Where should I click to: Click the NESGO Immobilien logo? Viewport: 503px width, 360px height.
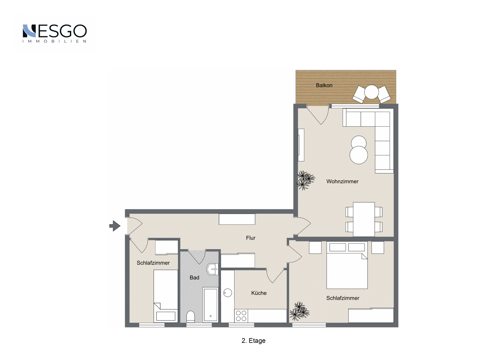(54, 34)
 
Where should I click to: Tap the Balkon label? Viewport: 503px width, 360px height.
(324, 85)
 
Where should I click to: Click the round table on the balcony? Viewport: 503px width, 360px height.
(371, 92)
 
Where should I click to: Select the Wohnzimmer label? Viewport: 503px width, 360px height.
(342, 181)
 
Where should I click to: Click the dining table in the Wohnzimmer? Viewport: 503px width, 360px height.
(364, 219)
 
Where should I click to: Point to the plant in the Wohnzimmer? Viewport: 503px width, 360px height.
(305, 180)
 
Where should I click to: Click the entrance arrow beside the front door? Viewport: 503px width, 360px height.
(115, 226)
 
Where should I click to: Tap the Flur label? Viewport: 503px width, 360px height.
(250, 238)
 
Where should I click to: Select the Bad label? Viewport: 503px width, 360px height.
(195, 278)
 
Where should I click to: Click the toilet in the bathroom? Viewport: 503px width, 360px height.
(191, 317)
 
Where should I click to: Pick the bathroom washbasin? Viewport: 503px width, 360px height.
(212, 269)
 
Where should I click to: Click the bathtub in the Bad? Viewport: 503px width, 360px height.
(210, 304)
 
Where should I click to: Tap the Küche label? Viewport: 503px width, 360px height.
(259, 293)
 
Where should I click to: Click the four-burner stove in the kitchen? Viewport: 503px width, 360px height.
(241, 316)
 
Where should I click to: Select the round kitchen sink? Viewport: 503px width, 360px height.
(227, 293)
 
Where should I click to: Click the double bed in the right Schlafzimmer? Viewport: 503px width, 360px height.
(347, 265)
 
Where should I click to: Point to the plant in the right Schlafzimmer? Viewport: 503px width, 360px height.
(299, 311)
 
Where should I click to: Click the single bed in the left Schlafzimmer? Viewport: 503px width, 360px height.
(166, 296)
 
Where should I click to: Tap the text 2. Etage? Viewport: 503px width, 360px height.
(254, 341)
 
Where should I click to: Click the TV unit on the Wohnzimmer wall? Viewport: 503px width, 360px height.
(301, 145)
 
